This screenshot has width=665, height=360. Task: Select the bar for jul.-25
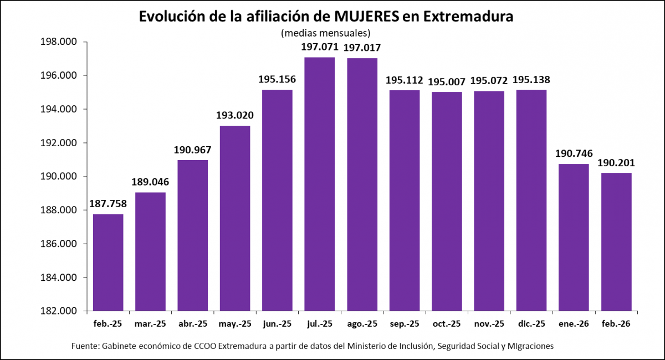(x=319, y=183)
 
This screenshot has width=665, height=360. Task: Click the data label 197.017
(x=362, y=48)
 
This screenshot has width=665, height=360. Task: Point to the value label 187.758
(x=108, y=204)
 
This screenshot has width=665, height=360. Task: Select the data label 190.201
(x=616, y=163)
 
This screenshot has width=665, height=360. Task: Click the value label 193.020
(x=235, y=116)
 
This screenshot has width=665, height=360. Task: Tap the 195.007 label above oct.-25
(x=447, y=81)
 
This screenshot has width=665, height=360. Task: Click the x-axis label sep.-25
(x=404, y=323)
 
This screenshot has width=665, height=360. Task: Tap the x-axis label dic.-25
(x=531, y=323)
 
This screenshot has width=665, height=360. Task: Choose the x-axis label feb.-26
(x=616, y=323)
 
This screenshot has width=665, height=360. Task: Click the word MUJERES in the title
(x=369, y=17)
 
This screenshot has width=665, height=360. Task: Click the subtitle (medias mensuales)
(x=326, y=32)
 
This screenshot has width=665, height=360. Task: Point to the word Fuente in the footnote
(x=85, y=346)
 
